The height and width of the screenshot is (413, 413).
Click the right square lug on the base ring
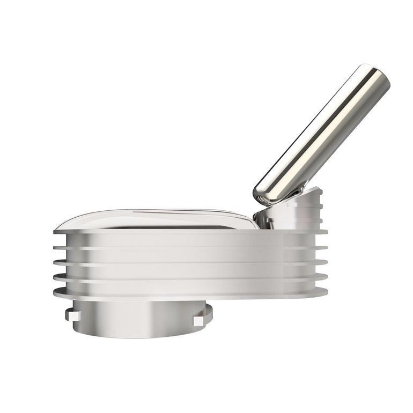coord(198,320)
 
